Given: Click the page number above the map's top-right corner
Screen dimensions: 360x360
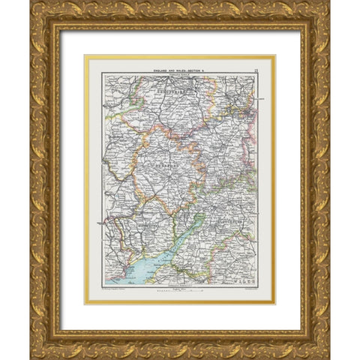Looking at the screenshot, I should pyautogui.click(x=255, y=68).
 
